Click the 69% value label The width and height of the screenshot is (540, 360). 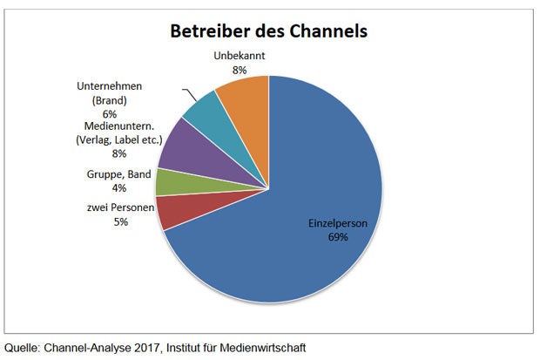(x=339, y=237)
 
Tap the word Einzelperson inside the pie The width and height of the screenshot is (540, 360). (x=339, y=224)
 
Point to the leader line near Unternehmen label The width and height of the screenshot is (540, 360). (x=189, y=93)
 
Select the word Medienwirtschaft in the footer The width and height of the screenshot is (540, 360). (x=262, y=347)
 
